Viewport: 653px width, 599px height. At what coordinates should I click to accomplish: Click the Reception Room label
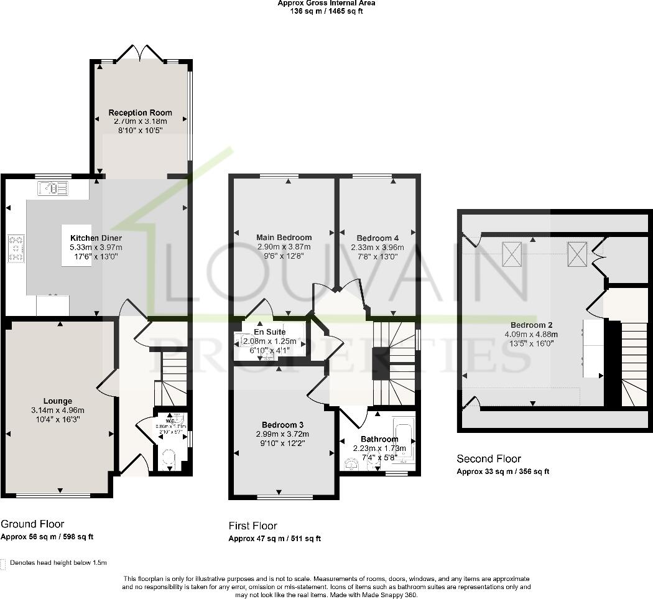(x=140, y=113)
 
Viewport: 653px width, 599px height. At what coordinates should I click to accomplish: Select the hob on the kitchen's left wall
(x=16, y=248)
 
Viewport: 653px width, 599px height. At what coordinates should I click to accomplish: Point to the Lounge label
(x=57, y=401)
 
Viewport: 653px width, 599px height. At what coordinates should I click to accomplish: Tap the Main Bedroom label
(x=284, y=237)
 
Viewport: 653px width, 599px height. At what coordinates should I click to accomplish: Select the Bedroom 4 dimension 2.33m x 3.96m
(x=377, y=247)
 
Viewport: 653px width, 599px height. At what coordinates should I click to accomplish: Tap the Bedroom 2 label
(x=531, y=325)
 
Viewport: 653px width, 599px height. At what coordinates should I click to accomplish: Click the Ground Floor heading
(x=32, y=524)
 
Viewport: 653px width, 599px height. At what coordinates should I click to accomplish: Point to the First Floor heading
(x=252, y=526)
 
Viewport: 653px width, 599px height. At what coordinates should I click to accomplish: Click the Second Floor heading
(x=488, y=459)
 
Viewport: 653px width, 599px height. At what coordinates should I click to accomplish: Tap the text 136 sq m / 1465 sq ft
(x=327, y=11)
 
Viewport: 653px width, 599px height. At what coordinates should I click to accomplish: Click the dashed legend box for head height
(x=4, y=563)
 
